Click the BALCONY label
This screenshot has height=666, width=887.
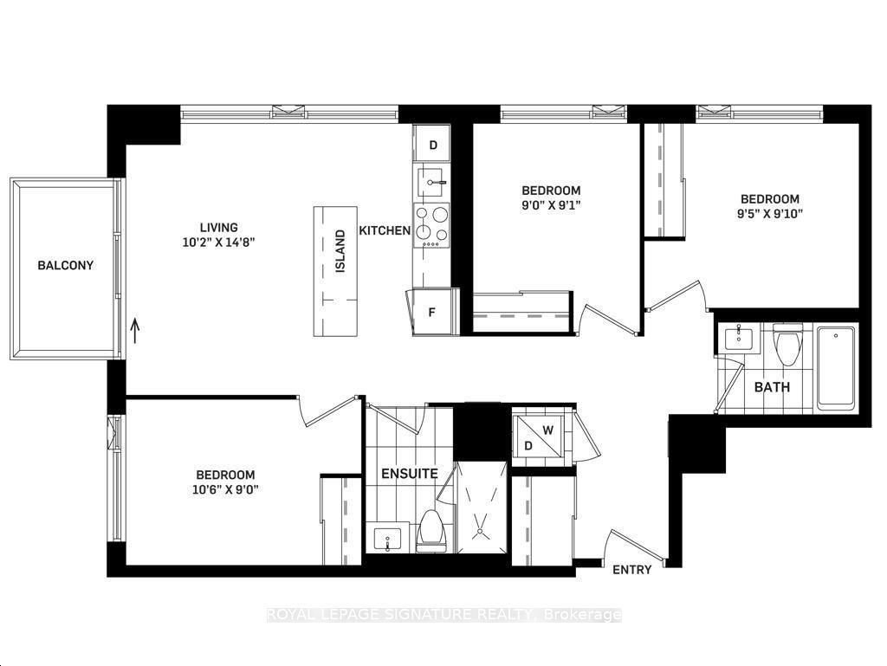tap(65, 265)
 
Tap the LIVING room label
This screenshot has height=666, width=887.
tap(218, 227)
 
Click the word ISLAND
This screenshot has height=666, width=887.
tap(340, 251)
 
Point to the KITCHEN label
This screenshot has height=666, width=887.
tap(385, 230)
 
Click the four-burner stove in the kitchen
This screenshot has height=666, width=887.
tap(432, 225)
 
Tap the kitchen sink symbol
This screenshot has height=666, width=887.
tap(432, 182)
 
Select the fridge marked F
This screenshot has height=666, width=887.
tap(433, 312)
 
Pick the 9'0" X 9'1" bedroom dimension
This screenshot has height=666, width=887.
tap(551, 204)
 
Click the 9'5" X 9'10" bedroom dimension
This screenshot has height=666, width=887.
tap(770, 213)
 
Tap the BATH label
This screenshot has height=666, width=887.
tap(772, 387)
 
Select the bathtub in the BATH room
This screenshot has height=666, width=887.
tap(836, 367)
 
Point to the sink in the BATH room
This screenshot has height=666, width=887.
tap(740, 339)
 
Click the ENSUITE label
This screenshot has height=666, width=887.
tap(410, 473)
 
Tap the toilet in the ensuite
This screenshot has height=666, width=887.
tap(431, 531)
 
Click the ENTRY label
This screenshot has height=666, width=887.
tap(631, 570)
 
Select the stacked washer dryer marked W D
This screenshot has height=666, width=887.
tap(537, 436)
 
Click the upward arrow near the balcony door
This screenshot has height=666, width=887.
tap(135, 332)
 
